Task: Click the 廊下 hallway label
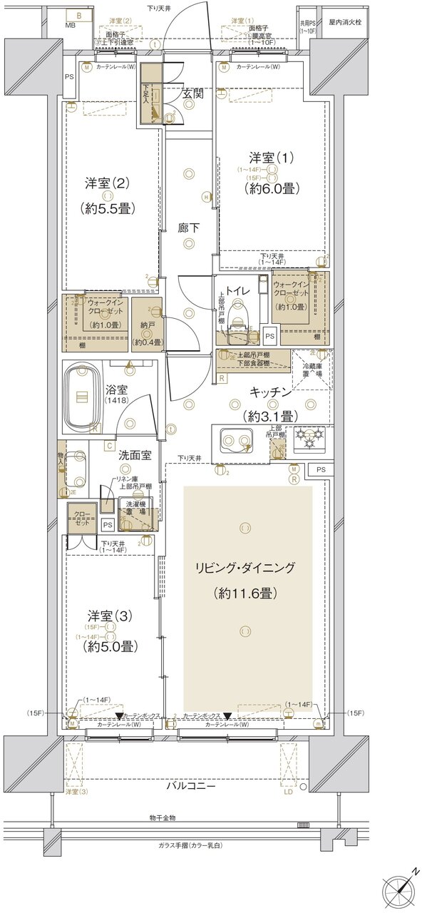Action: [188, 229]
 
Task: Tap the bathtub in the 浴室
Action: [85, 397]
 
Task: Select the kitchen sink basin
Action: [236, 441]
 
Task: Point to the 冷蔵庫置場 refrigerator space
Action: [312, 369]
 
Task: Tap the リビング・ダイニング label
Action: [246, 568]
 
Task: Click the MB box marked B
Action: [79, 15]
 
